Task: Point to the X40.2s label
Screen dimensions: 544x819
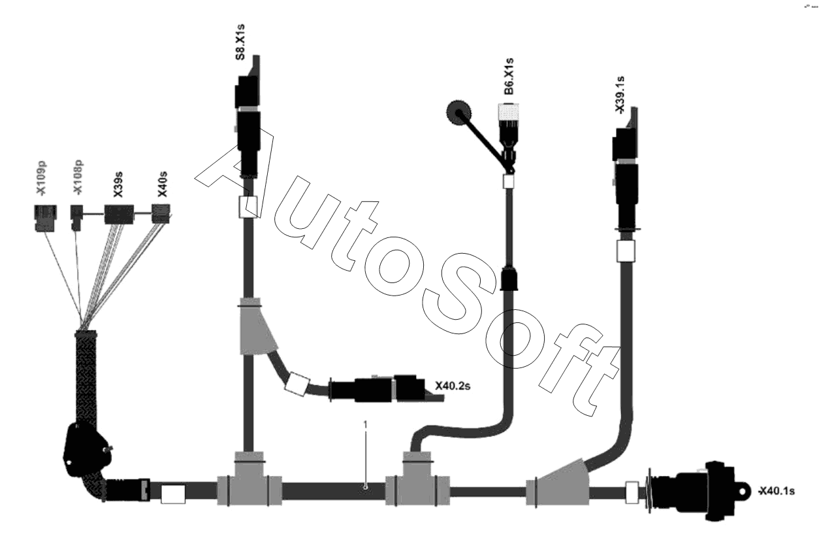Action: pyautogui.click(x=453, y=385)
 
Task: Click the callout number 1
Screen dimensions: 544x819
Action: pyautogui.click(x=366, y=425)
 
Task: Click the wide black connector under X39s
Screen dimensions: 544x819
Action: pyautogui.click(x=119, y=214)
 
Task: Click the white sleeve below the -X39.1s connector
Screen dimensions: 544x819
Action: pyautogui.click(x=626, y=250)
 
